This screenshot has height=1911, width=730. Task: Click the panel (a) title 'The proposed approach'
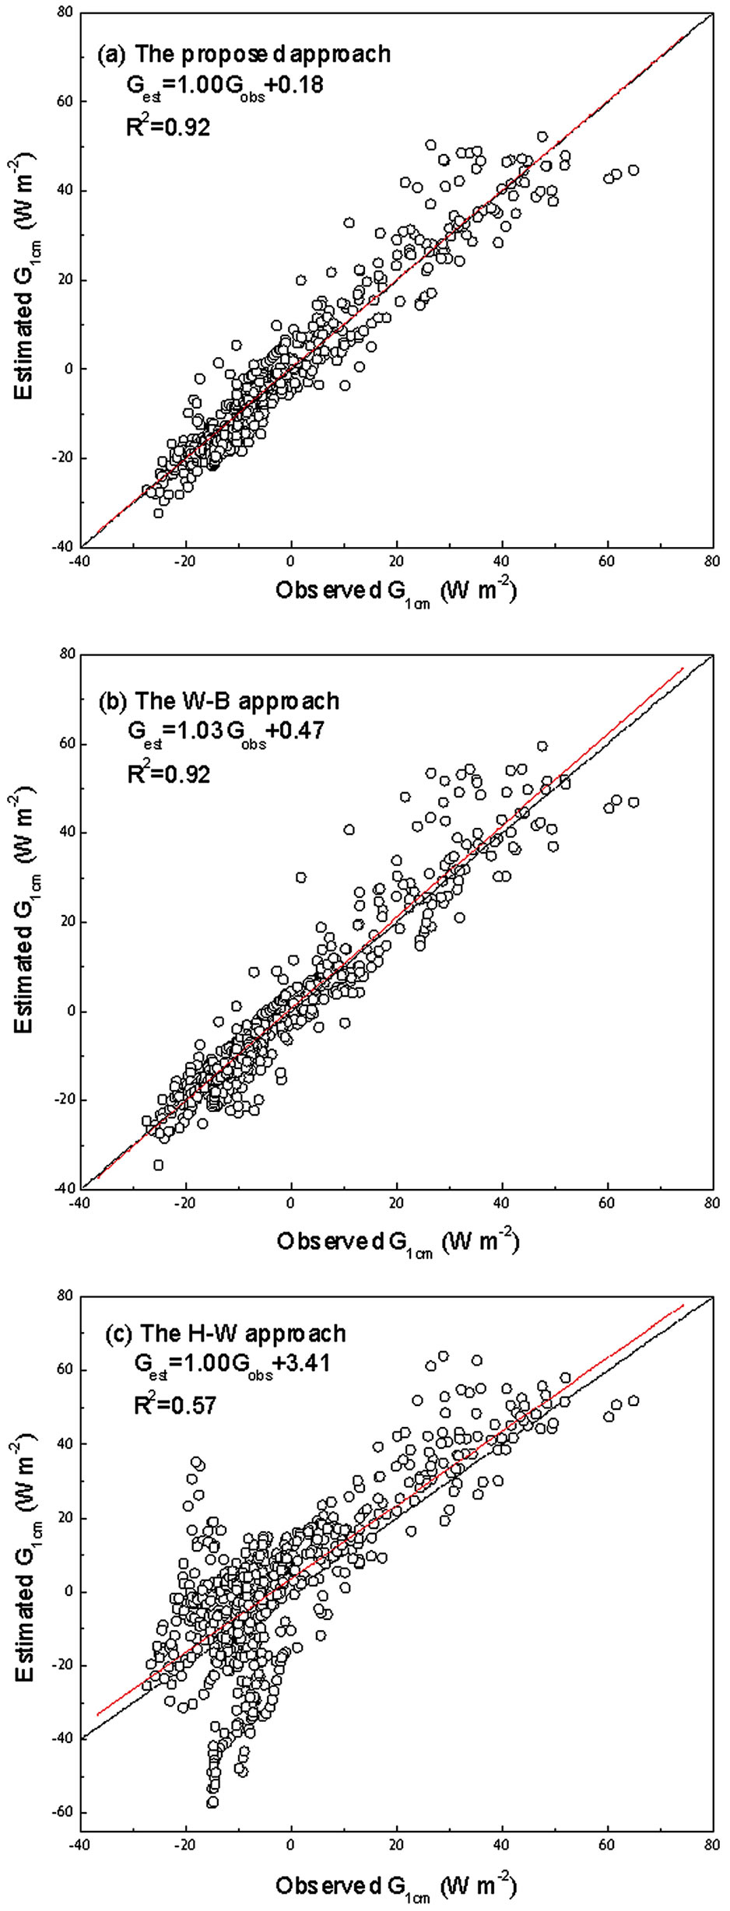pyautogui.click(x=244, y=54)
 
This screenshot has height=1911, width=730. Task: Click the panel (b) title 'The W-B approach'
pyautogui.click(x=219, y=700)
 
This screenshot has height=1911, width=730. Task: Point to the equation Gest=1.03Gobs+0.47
pyautogui.click(x=226, y=731)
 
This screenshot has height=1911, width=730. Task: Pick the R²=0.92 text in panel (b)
pyautogui.click(x=169, y=772)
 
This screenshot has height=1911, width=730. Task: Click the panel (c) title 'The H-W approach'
pyautogui.click(x=226, y=1333)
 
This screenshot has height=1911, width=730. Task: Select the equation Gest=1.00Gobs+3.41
pyautogui.click(x=231, y=1363)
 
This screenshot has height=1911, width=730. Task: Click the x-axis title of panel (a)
pyautogui.click(x=395, y=592)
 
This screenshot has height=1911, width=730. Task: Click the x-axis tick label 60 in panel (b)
pyautogui.click(x=607, y=1202)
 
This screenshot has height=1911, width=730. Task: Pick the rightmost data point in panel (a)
pyautogui.click(x=633, y=170)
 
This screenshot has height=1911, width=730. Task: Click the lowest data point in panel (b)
pyautogui.click(x=159, y=1165)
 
